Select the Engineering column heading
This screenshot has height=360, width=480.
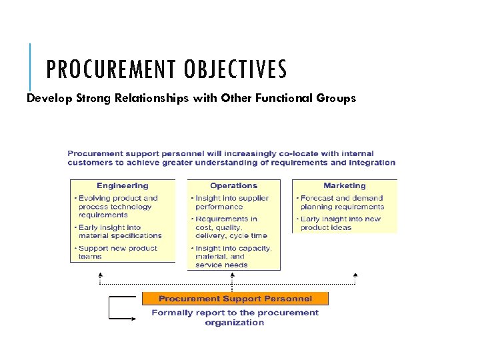coord(122,186)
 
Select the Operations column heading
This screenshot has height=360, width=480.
coord(233,186)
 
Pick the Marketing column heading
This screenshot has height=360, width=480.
coord(344,186)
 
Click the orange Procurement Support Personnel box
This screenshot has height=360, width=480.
coord(235,299)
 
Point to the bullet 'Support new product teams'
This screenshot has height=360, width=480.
coord(117,252)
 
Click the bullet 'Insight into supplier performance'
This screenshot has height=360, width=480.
coord(231,202)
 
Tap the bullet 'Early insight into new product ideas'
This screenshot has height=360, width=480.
coord(340,223)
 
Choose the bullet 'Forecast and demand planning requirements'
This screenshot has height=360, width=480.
coord(341,202)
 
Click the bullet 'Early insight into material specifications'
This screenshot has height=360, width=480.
coord(119,231)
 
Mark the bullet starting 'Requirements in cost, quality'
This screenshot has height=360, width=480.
coord(231,227)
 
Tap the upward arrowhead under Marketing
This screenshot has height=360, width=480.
coord(355,274)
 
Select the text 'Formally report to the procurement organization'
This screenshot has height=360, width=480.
coord(235,317)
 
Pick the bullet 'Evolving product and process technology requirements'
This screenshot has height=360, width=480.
coord(118,207)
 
